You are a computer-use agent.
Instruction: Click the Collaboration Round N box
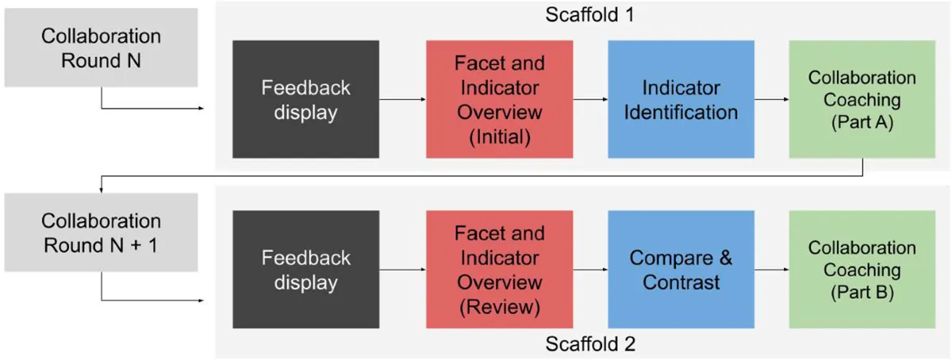click(x=101, y=48)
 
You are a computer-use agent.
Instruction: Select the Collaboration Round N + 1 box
click(x=101, y=232)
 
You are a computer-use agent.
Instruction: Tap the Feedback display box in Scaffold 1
click(x=305, y=99)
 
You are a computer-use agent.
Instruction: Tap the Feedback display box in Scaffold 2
click(x=305, y=270)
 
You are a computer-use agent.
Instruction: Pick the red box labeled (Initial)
click(x=500, y=99)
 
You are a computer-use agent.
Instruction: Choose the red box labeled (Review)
click(x=500, y=270)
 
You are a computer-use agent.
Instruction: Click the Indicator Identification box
click(x=681, y=99)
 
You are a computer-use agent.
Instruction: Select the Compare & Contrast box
click(x=681, y=270)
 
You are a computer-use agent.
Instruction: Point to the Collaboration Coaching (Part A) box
click(x=862, y=99)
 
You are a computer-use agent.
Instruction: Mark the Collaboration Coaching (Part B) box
click(x=862, y=270)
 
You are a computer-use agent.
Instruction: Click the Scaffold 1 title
click(x=590, y=14)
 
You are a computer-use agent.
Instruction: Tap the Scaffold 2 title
click(x=590, y=345)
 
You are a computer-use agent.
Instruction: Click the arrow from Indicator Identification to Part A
click(x=771, y=100)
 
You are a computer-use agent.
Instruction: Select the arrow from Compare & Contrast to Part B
click(x=771, y=270)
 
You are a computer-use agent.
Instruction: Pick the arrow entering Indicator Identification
click(x=590, y=100)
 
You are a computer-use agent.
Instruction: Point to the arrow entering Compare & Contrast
click(x=590, y=270)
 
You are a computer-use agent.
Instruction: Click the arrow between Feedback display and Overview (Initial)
click(x=402, y=100)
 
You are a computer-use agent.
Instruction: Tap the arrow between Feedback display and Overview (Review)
click(x=402, y=270)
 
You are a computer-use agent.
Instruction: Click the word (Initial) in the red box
click(x=500, y=136)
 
